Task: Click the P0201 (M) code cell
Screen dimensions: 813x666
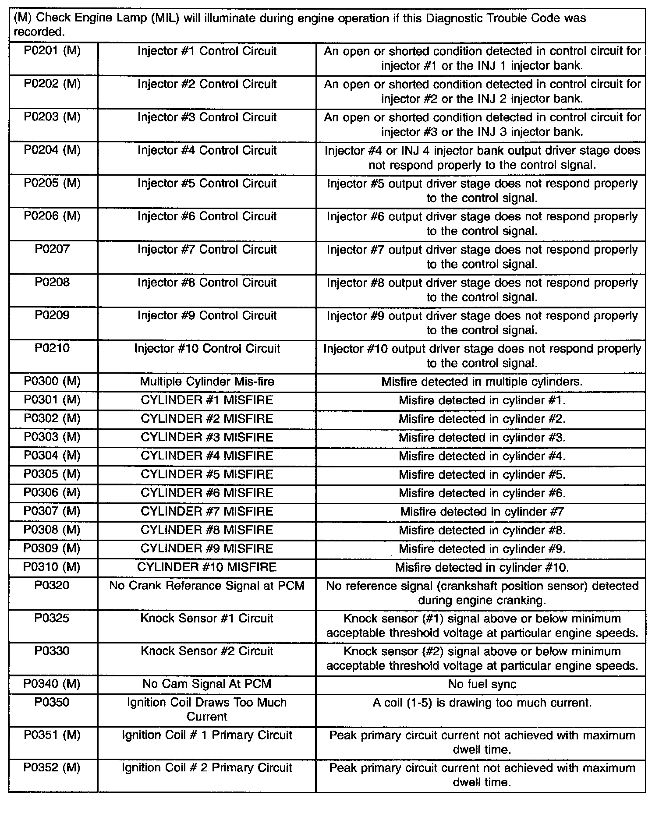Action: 52,51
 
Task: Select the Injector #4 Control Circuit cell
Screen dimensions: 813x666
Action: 207,151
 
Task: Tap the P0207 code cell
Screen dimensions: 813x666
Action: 52,249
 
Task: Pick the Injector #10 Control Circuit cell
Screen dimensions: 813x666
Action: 207,349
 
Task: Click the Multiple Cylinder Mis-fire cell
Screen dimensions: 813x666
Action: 207,382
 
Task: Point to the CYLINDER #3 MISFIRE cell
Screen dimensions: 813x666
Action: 207,437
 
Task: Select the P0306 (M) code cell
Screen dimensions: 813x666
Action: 52,493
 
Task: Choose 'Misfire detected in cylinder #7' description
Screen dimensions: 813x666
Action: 482,512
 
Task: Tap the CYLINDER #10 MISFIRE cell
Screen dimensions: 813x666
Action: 207,567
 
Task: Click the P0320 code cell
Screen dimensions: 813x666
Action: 52,586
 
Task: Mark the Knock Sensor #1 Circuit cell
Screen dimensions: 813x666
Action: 207,619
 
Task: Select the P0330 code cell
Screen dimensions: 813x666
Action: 52,651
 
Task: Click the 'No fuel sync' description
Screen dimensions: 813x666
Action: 482,684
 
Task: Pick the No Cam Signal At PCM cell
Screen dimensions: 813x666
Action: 207,684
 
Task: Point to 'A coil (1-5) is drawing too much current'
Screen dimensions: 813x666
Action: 482,703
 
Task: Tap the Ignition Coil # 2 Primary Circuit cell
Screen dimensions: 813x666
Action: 207,768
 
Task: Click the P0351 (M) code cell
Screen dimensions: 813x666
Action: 52,735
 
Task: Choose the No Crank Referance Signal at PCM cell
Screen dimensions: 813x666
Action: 207,586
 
